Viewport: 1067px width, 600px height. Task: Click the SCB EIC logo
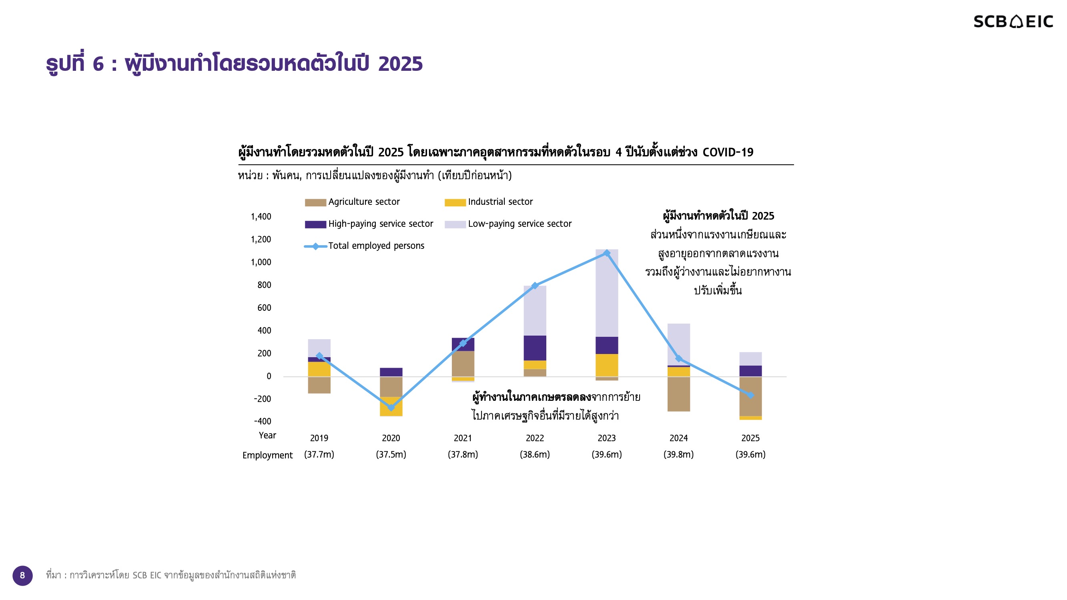point(1013,22)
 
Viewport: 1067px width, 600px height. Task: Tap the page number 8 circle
point(22,575)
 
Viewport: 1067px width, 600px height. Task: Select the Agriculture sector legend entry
point(352,202)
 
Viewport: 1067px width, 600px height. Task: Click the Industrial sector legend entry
point(488,202)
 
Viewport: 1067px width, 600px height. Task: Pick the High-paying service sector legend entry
point(369,224)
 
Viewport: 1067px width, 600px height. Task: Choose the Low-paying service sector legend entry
point(508,224)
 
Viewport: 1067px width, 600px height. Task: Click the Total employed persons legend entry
point(364,246)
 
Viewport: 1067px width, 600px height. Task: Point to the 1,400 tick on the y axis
point(261,216)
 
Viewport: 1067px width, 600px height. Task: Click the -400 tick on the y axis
point(263,422)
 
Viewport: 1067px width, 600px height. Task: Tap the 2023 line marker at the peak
point(607,253)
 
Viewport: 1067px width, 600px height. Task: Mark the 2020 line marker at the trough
point(391,408)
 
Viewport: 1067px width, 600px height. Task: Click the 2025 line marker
point(750,396)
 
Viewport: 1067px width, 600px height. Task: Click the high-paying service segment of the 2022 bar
point(535,348)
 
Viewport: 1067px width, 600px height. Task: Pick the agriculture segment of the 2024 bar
point(678,393)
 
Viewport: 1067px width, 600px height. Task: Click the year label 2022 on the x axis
point(535,438)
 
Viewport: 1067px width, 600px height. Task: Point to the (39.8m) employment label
point(678,454)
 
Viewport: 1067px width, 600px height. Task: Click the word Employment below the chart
point(268,455)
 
